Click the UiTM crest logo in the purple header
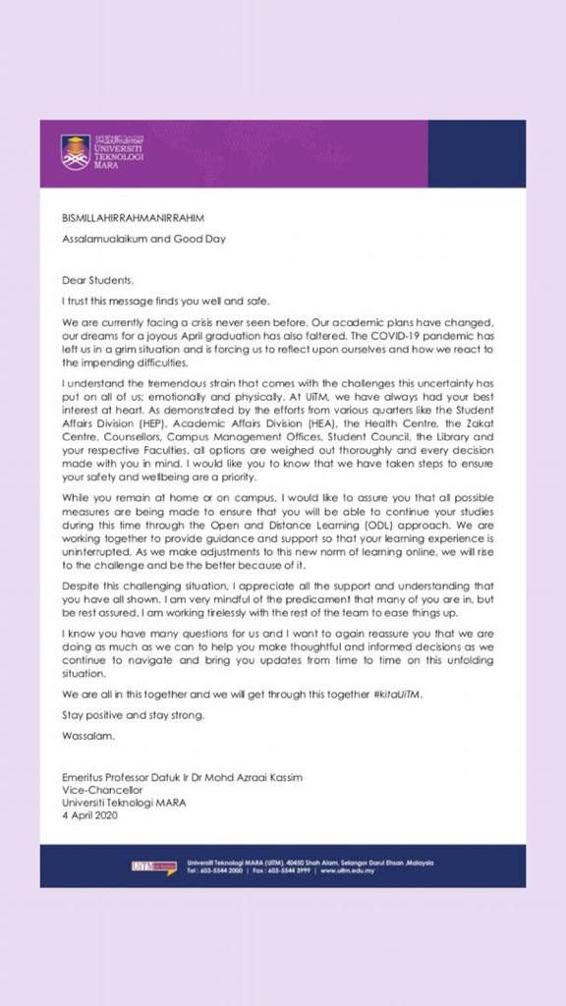[x=76, y=152]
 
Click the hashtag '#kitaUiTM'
[x=396, y=694]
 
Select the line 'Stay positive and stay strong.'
[x=133, y=714]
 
